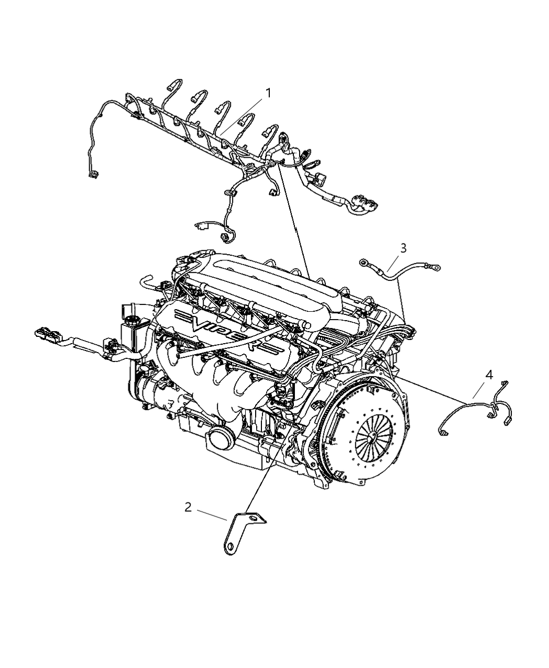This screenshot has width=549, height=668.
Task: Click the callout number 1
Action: click(x=268, y=93)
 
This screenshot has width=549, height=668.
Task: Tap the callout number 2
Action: click(x=188, y=507)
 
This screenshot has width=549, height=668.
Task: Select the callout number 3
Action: click(x=403, y=248)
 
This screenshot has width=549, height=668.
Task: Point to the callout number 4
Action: click(x=489, y=375)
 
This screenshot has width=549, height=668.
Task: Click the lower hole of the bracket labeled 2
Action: click(x=230, y=546)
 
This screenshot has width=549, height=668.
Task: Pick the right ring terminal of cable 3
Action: click(x=436, y=268)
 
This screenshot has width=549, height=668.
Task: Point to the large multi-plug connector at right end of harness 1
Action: click(x=364, y=203)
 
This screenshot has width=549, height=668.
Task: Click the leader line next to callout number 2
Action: click(x=212, y=514)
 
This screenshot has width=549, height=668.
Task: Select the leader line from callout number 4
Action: click(x=478, y=390)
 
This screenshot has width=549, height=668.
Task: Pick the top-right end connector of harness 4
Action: click(x=504, y=384)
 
